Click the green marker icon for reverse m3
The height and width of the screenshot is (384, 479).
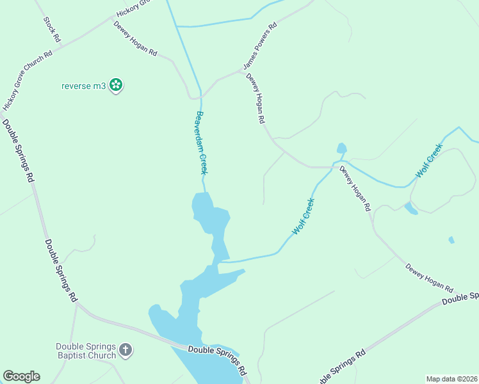click(x=116, y=84)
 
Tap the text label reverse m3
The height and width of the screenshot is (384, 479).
click(x=83, y=85)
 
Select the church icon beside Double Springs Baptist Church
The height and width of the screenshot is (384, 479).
click(x=126, y=349)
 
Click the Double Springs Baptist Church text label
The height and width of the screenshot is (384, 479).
click(x=85, y=351)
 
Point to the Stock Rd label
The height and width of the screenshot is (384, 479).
click(x=52, y=29)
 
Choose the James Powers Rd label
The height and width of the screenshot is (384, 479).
click(x=260, y=47)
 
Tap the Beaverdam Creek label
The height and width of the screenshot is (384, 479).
click(x=202, y=143)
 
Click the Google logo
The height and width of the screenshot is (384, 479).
click(x=21, y=376)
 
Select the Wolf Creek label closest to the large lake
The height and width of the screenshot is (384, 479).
click(x=304, y=216)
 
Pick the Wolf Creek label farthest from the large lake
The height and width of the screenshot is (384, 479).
click(x=429, y=161)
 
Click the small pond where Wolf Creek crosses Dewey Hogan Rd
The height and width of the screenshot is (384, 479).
click(x=341, y=148)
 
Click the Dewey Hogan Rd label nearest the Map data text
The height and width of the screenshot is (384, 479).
click(x=428, y=278)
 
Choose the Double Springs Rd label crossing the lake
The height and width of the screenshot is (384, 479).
click(x=218, y=359)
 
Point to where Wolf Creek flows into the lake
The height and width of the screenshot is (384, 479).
click(x=221, y=261)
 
